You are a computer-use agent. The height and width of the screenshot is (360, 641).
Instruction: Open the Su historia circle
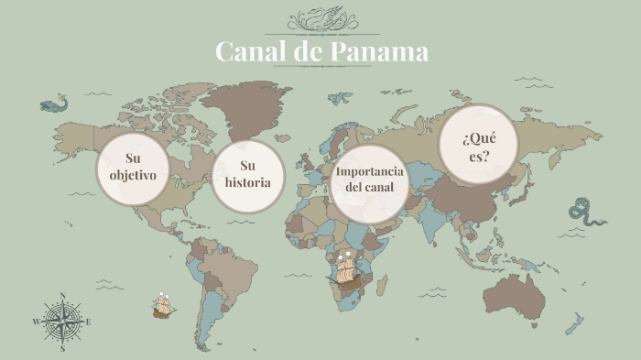pos(247,175)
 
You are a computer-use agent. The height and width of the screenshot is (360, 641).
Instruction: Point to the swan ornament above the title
pos(321,19)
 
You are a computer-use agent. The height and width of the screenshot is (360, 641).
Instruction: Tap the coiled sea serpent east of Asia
pos(585,213)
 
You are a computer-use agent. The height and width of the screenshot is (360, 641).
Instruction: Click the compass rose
pos(62,322)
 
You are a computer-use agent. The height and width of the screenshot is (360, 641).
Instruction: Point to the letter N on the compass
pos(62,295)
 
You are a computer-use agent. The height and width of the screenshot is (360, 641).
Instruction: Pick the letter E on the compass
pos(89,322)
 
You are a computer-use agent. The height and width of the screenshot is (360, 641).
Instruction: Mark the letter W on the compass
pos(36,322)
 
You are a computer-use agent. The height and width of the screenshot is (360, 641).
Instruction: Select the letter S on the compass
pos(62,349)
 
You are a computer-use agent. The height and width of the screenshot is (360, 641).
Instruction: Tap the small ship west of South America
pos(164,305)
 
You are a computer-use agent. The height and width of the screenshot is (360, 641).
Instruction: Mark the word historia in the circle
pos(247,182)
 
